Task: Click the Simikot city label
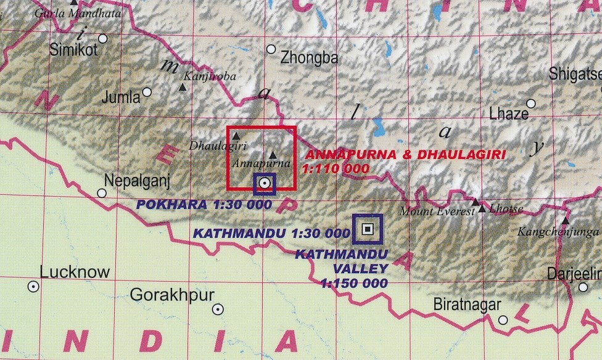[x=74, y=49]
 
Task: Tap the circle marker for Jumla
[x=147, y=92]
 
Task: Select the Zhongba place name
[x=309, y=59]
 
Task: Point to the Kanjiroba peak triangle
[x=183, y=88]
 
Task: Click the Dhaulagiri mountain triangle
[x=236, y=135]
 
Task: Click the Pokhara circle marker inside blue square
[x=264, y=183]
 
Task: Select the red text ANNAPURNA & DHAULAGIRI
[x=405, y=154]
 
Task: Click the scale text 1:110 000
[x=336, y=168]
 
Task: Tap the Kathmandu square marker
[x=368, y=229]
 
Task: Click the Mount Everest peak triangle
[x=475, y=202]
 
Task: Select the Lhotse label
[x=506, y=210]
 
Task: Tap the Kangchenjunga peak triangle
[x=565, y=220]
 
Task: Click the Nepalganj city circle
[x=102, y=193]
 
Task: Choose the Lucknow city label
[x=75, y=272]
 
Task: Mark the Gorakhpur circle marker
[x=217, y=309]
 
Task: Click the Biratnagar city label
[x=467, y=305]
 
